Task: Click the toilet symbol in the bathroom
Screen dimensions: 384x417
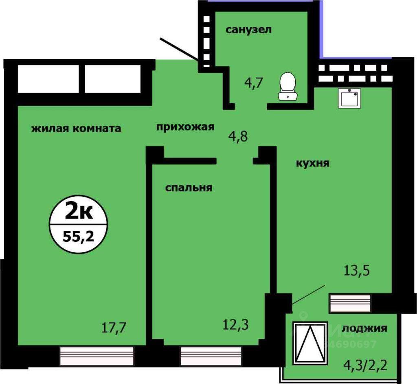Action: coord(288,86)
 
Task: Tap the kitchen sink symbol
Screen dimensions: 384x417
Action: coord(349,98)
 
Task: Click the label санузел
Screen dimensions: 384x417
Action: coord(248,30)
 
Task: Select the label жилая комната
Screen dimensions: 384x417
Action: coord(77,129)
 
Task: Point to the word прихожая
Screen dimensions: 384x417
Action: coord(185,127)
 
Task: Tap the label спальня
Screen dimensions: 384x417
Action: coord(189,188)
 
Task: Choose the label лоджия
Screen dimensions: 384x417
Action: coord(364,328)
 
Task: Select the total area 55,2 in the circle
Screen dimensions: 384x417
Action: coord(78,236)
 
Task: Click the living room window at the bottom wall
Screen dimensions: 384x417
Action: coord(97,356)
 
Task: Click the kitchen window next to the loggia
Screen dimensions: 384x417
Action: coord(350,303)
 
